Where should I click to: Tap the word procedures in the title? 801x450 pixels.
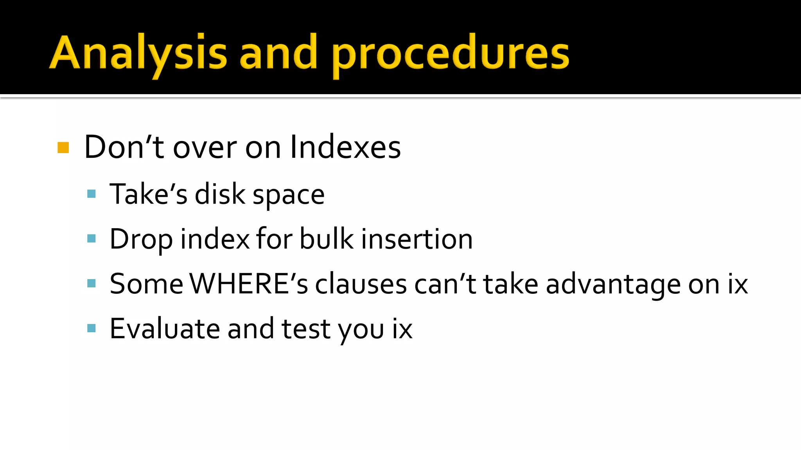[450, 55]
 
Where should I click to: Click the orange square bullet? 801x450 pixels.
[63, 148]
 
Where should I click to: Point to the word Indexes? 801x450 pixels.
[345, 147]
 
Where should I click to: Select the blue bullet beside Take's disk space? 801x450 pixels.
[92, 194]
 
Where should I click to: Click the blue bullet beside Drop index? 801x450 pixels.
[92, 239]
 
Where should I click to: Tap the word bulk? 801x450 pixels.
[327, 239]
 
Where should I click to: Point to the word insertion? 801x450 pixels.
[417, 239]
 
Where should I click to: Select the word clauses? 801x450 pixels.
[361, 284]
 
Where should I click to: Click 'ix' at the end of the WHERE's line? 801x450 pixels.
[738, 284]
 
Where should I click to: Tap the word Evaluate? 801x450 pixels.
[165, 329]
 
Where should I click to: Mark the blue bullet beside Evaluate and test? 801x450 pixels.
[92, 328]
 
